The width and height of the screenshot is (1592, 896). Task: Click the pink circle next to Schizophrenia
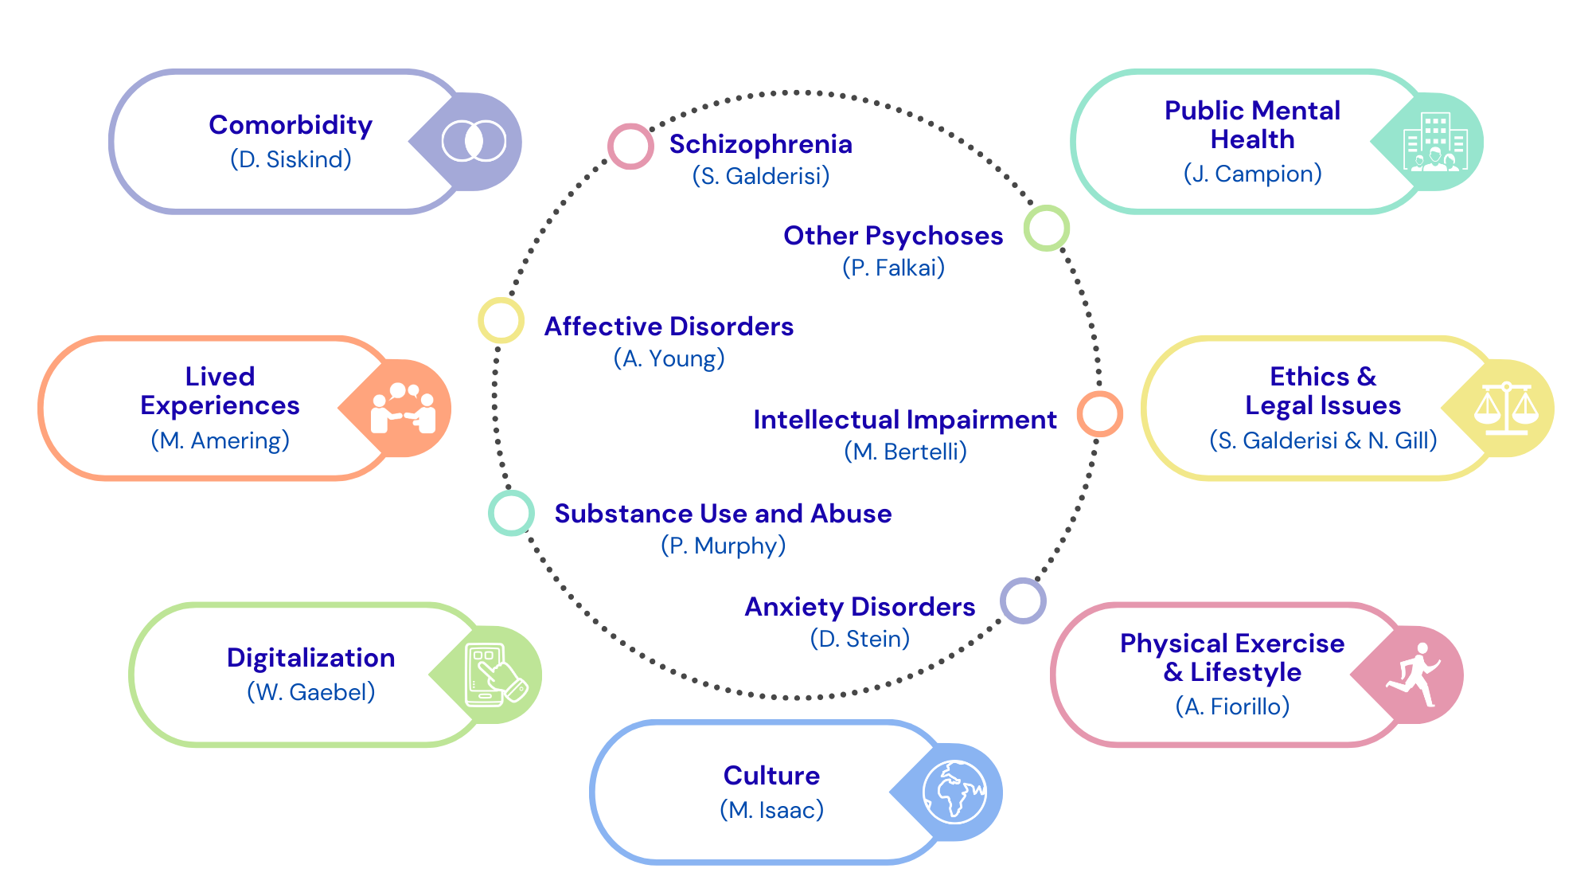point(630,147)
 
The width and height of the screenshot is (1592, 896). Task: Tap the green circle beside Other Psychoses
point(1046,228)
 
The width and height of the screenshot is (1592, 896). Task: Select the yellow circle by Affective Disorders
point(501,320)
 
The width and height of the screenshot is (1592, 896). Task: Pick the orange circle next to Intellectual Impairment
point(1099,413)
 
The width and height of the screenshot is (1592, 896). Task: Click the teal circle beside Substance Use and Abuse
point(511,513)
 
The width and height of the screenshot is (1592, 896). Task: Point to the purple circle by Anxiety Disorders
point(1023,601)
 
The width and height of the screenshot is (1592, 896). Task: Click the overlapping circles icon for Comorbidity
point(474,141)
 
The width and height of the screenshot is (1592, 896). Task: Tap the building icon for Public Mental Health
point(1435,142)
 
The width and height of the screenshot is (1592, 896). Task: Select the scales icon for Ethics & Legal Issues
point(1506,408)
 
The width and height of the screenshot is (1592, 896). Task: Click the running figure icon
point(1415,675)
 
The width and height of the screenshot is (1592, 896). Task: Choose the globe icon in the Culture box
point(954,792)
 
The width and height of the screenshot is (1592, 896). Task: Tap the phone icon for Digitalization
point(494,675)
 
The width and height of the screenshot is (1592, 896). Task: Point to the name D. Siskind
point(291,159)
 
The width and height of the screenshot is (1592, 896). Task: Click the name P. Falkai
point(893,268)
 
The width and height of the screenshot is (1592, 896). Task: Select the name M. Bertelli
point(905,452)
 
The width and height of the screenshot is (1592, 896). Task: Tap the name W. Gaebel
point(310,692)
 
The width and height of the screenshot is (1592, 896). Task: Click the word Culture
point(771,775)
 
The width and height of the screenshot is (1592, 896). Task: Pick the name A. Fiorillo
point(1232,706)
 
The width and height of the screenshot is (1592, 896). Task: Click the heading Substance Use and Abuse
point(723,514)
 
